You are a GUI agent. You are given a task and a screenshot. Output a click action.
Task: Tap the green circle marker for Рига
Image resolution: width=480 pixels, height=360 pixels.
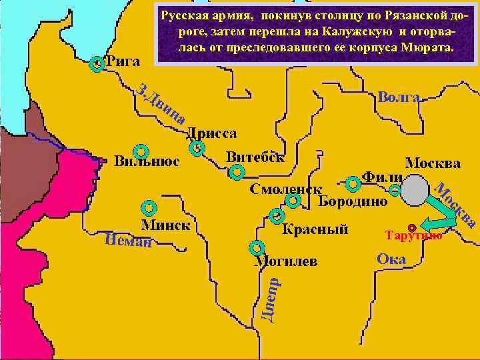pos(97,64)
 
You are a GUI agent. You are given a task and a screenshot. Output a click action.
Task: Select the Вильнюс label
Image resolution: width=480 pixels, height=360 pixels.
pos(146,161)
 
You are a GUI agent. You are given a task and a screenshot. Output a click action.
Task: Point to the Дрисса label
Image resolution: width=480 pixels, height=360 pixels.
pos(211,133)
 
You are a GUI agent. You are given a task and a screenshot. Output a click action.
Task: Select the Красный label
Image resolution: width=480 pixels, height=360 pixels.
pos(315,230)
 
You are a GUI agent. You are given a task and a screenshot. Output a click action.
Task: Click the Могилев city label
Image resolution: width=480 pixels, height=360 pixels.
pos(287,261)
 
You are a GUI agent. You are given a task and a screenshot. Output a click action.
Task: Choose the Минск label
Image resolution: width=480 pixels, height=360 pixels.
pos(165,225)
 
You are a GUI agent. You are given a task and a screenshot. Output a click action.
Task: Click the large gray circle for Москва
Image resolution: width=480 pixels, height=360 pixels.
pos(415,191)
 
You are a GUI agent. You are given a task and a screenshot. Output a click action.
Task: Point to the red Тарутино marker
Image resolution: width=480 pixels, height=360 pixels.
pos(412,228)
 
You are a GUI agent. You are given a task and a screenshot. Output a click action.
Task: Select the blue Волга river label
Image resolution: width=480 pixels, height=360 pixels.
pos(399,97)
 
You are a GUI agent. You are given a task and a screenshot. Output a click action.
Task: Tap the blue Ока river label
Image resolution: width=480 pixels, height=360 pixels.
pos(391,259)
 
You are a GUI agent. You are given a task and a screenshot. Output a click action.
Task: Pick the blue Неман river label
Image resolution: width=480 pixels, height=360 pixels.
pos(128,240)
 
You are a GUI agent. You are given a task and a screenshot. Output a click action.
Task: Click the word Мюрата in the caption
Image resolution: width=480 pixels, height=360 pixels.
pos(427,49)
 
